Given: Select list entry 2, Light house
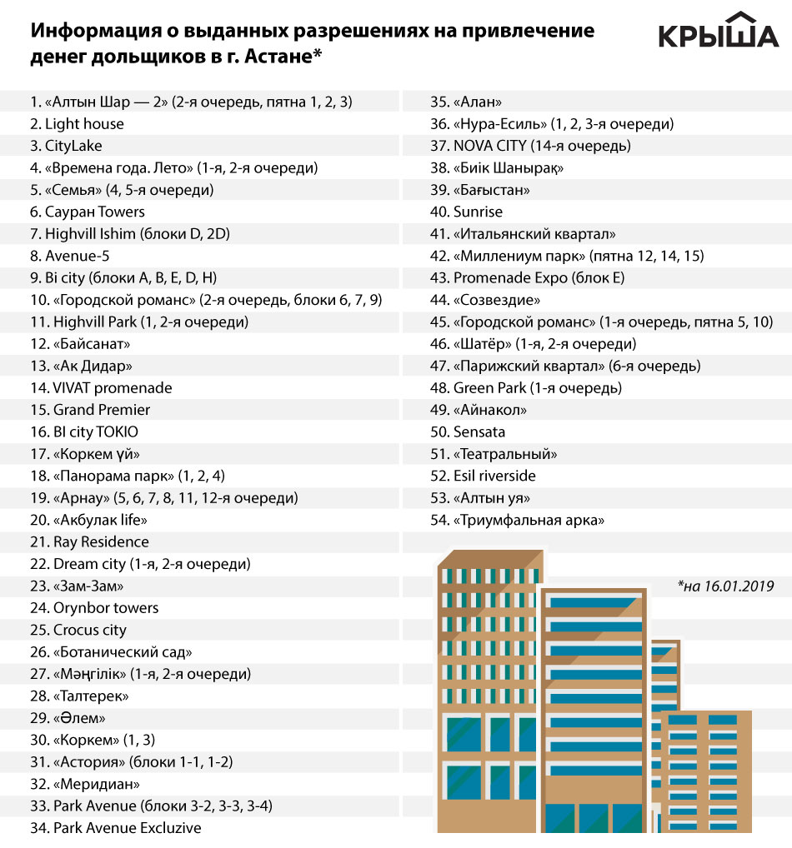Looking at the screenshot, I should pos(77,124).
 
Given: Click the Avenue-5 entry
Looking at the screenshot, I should pos(70,256).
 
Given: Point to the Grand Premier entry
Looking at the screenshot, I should pos(90,410).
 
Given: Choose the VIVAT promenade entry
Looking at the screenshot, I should pos(101,388).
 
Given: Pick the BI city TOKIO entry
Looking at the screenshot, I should pos(84,432).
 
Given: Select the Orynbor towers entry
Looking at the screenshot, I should pos(94,608).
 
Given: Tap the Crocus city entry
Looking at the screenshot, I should pos(78,630).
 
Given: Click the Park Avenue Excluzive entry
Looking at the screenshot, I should pos(116,828).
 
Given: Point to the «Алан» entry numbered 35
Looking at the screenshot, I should pos(466,102).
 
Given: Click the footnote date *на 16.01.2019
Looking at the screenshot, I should pos(725,586).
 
